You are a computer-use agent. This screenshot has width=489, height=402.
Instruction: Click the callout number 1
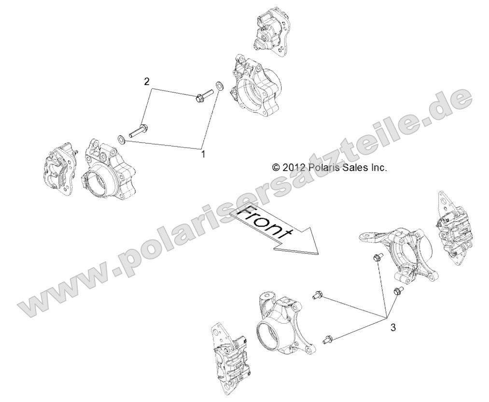coord(203,155)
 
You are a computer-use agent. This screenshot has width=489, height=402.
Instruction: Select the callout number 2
coord(147,81)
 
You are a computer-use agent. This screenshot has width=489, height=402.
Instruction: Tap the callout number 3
coord(393,328)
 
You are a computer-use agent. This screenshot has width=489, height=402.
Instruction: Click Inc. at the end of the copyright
coord(379,168)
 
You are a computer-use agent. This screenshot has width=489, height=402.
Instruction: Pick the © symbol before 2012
coord(276,168)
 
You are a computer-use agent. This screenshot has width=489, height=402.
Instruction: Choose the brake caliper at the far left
coord(62,167)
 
